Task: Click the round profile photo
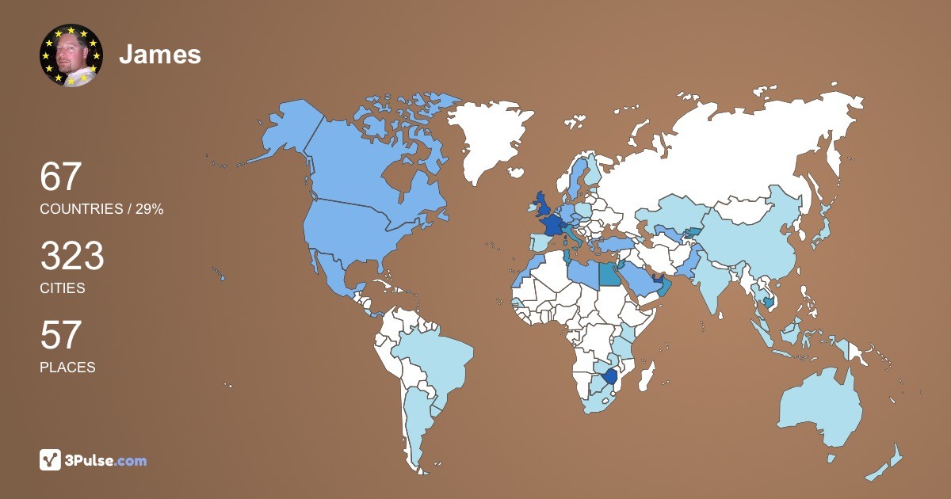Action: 71,55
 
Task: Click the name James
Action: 160,55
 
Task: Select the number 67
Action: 61,177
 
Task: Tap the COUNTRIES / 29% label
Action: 101,209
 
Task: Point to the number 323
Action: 72,256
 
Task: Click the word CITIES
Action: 63,288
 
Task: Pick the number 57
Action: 61,335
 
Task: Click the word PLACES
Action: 67,368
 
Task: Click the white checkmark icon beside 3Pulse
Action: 50,460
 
